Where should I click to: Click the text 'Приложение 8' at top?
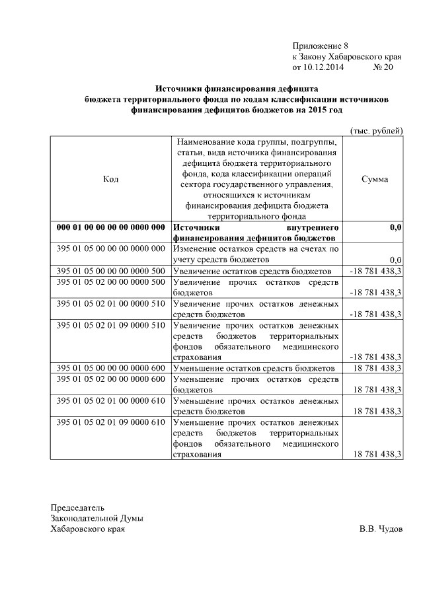pos(320,46)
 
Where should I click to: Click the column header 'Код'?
pos(111,179)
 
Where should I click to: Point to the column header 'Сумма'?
pos(375,179)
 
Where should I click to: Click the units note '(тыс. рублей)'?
pos(375,131)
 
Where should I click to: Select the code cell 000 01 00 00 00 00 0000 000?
pos(110,227)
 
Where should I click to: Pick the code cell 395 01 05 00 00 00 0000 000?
pos(110,249)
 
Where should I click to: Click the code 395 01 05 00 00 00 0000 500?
pos(110,271)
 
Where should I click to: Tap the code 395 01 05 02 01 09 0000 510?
pos(110,325)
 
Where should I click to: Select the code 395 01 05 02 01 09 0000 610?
pos(110,422)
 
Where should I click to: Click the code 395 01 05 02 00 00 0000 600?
pos(110,379)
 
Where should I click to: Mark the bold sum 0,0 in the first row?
pos(395,227)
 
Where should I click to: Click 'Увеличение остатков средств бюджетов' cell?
pos(251,271)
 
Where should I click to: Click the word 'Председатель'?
pos(78,508)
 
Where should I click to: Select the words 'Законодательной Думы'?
pos(97,519)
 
